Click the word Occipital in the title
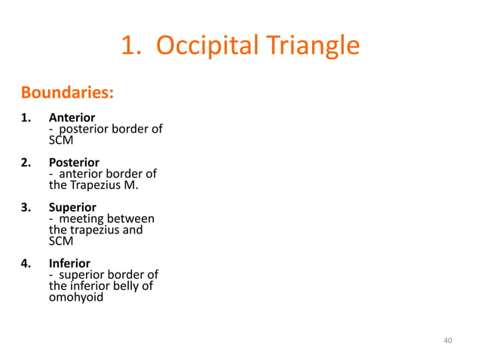[201, 47]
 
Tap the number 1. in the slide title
[131, 47]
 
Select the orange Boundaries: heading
[67, 93]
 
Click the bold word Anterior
[72, 117]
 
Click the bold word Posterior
[73, 162]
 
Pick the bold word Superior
[72, 206]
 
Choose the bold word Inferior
[69, 264]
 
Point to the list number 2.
[26, 162]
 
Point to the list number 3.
[26, 206]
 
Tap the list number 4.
[26, 264]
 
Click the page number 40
[448, 341]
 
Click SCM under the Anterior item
[61, 140]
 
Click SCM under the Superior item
[61, 241]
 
